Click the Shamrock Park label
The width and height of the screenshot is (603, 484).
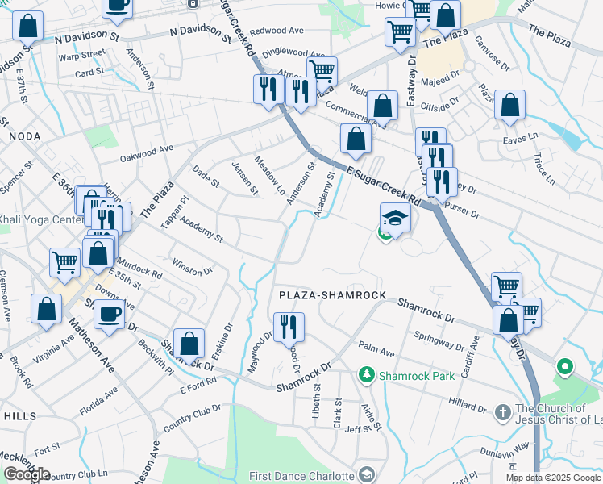(407, 375)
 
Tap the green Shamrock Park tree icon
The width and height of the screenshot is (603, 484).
(367, 375)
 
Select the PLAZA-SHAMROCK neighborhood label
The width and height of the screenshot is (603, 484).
(333, 296)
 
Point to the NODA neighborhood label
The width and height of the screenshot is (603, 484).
(24, 137)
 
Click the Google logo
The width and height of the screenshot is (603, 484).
(26, 474)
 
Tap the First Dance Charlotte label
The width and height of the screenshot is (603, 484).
(302, 476)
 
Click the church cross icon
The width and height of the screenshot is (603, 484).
(501, 411)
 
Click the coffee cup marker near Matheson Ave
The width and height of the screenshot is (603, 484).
(110, 315)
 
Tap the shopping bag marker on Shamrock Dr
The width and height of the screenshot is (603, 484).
(189, 344)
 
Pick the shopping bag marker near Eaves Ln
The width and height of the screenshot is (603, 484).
(509, 105)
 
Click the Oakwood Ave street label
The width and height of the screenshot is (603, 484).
(147, 153)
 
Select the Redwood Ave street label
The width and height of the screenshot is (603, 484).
(277, 31)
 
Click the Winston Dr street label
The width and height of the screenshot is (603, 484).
(192, 266)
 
